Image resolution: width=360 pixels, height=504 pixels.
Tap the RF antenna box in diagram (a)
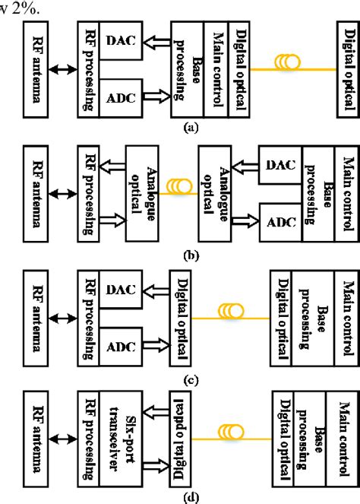pyautogui.click(x=35, y=69)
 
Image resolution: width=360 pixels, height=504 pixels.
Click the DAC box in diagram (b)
pyautogui.click(x=280, y=163)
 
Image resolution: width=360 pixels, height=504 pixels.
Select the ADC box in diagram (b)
pyautogui.click(x=280, y=220)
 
